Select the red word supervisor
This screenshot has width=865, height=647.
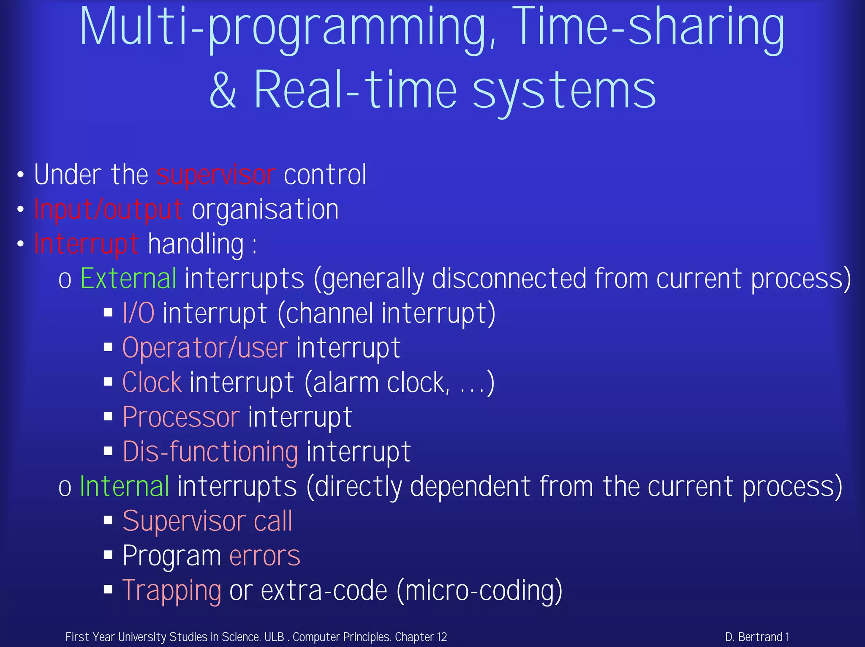216,175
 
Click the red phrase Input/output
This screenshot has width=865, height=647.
108,210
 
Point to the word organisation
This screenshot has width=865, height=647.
265,210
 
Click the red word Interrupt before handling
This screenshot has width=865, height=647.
87,244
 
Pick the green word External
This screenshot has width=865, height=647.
128,279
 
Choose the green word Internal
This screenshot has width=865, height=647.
125,486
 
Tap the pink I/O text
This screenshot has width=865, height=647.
139,314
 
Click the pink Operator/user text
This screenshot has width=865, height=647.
205,348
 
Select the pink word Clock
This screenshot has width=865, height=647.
152,383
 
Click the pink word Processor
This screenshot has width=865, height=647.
181,418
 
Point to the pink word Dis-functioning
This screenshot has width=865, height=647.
210,452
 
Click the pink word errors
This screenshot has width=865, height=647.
265,556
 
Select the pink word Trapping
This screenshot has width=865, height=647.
171,590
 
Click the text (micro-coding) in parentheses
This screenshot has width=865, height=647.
479,590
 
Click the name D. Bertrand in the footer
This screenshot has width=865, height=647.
754,637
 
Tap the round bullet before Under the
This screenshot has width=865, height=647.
20,175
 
